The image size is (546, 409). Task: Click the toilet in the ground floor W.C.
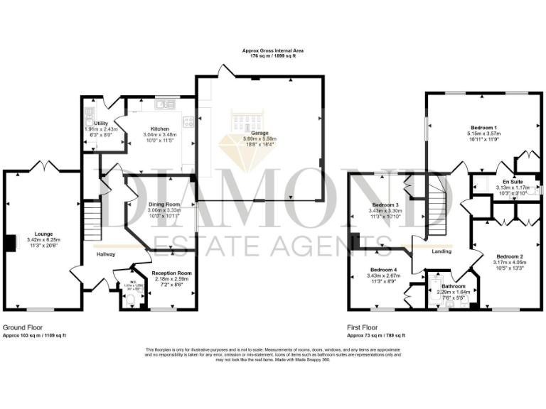(x=128, y=301)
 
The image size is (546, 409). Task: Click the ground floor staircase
(x=91, y=221)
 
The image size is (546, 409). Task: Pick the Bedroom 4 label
(x=382, y=270)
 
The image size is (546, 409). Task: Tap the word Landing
(x=443, y=251)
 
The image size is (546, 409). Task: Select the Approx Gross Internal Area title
(x=273, y=52)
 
